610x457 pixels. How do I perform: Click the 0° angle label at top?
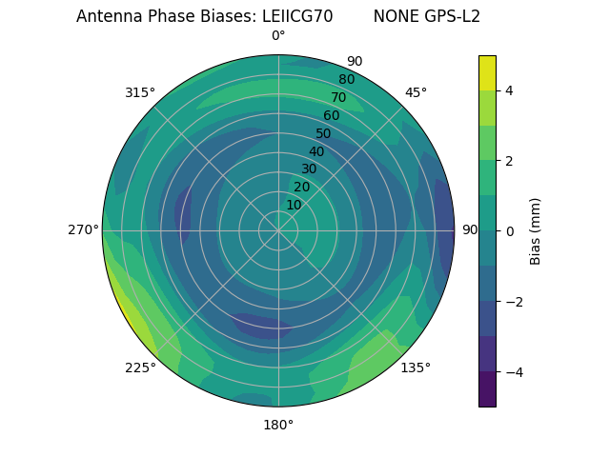[278, 36]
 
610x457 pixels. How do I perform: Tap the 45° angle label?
[416, 92]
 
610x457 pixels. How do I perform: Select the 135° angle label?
[416, 368]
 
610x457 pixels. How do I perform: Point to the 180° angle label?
[278, 425]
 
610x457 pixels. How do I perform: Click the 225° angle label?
[140, 368]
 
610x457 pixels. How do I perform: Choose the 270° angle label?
[83, 229]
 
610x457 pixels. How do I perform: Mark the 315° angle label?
[140, 92]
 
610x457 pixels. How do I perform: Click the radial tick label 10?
[294, 205]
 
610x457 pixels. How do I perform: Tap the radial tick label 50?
[323, 133]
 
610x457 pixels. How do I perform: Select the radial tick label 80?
[346, 79]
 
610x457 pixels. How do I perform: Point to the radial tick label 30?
[309, 169]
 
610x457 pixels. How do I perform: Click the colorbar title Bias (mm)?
[536, 231]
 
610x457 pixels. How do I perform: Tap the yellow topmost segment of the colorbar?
[487, 72]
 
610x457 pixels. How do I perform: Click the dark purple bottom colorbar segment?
[487, 389]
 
